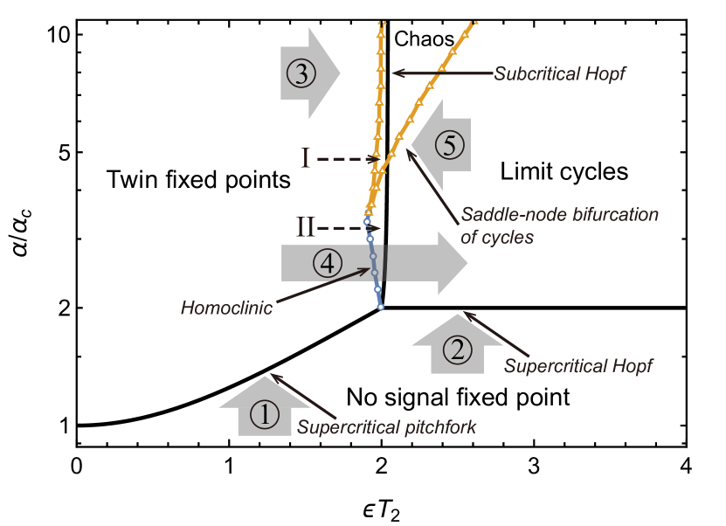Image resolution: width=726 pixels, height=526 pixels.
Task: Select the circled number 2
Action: tap(456, 350)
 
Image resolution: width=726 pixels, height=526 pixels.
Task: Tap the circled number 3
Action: tap(301, 73)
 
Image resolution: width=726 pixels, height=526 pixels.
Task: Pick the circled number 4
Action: tap(327, 263)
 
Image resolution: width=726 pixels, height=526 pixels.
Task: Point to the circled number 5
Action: tap(449, 145)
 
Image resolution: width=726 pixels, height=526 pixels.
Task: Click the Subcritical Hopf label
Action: tap(559, 74)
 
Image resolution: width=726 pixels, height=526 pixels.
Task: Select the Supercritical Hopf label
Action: tap(577, 365)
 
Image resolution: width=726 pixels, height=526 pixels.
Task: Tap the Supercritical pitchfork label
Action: tap(386, 428)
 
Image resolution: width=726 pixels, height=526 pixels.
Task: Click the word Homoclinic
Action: tap(226, 308)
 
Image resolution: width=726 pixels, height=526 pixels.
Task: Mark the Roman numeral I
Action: tap(305, 159)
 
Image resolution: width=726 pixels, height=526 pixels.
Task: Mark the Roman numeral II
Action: tap(305, 229)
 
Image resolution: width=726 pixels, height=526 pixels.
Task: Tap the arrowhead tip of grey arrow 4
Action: tap(467, 263)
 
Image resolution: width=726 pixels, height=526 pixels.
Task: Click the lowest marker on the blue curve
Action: tap(380, 307)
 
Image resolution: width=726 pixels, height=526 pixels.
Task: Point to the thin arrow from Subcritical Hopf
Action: tap(441, 73)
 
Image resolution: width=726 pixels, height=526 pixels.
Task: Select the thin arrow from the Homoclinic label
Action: tap(323, 288)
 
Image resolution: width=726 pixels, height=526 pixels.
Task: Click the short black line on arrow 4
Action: tap(384, 263)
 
